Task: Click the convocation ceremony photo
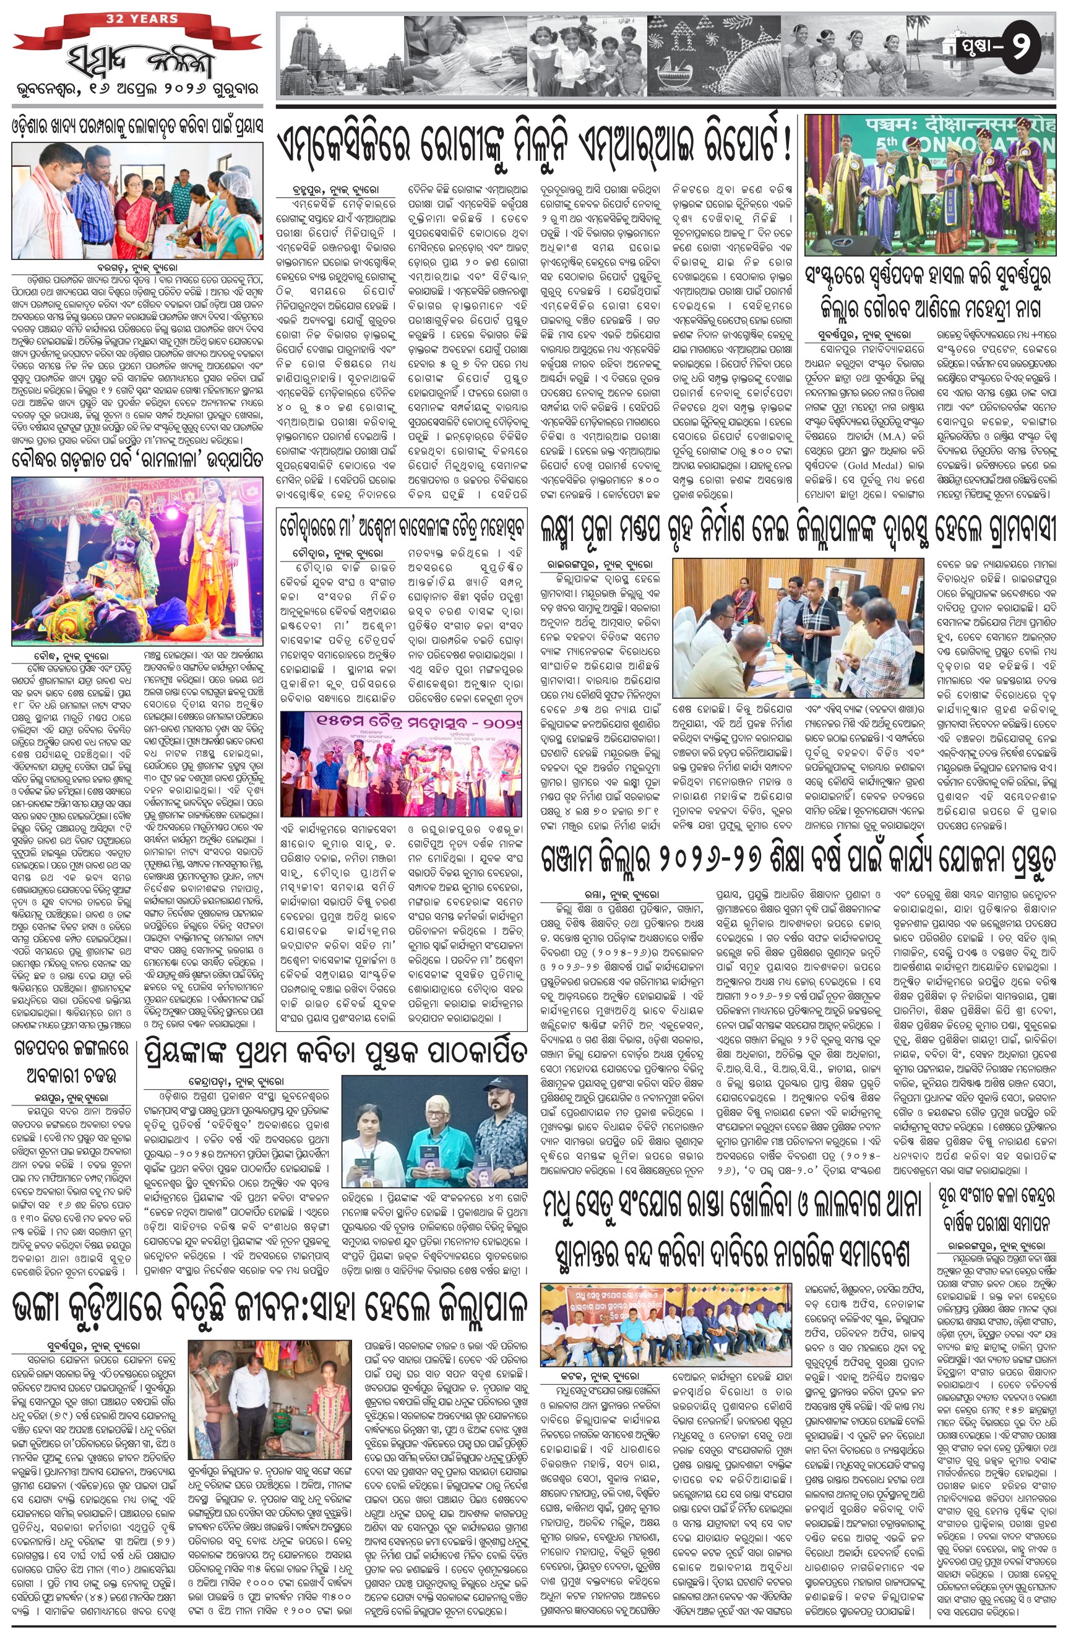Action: pyautogui.click(x=929, y=184)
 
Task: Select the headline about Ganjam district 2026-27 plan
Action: pyautogui.click(x=798, y=865)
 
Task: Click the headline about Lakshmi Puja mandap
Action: pyautogui.click(x=798, y=531)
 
